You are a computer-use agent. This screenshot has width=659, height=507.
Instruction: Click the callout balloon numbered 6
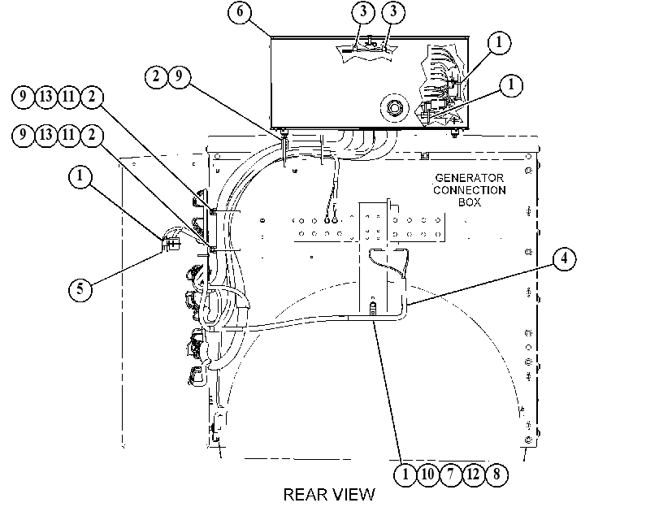240,11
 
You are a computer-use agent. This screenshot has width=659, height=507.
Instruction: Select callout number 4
564,258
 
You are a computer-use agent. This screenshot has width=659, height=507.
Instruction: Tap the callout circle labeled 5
80,288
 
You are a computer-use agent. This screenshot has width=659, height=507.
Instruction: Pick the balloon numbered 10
427,474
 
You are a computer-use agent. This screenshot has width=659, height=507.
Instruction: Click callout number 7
450,474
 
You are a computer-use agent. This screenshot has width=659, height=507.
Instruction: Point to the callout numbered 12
473,474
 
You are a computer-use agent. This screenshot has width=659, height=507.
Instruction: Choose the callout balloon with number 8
496,474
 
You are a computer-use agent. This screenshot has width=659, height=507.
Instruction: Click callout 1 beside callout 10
405,474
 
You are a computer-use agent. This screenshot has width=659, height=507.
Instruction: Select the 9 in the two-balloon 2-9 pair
179,76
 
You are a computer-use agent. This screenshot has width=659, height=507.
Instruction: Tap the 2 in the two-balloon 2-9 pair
156,76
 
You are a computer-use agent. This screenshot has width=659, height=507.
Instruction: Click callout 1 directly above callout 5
80,175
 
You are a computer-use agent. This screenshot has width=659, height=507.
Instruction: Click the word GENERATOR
469,178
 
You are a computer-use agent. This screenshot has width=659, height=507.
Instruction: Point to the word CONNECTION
470,190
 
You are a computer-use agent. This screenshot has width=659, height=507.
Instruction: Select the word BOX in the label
470,202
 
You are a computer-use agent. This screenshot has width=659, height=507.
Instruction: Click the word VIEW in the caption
353,494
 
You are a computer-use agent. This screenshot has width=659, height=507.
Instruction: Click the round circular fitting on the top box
394,108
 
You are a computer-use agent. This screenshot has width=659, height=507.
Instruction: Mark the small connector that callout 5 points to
170,244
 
